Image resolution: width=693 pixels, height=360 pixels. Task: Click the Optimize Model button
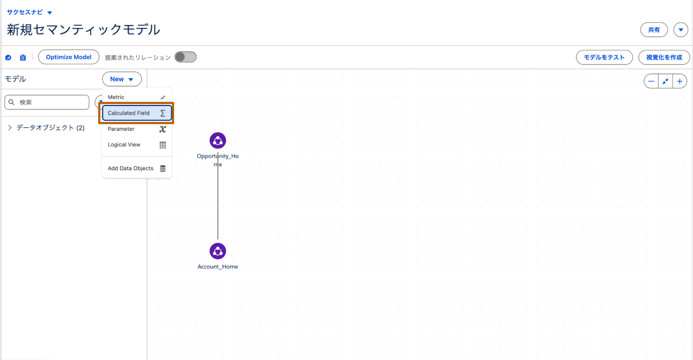point(69,57)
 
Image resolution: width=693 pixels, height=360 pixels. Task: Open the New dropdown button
point(122,79)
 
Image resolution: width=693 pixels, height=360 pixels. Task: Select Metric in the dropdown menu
point(116,97)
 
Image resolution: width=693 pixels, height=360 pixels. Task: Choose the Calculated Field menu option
point(129,113)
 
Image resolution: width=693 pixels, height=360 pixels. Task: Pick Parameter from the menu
point(121,129)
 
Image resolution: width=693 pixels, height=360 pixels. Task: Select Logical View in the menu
point(124,145)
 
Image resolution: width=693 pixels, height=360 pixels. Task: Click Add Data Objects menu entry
point(131,168)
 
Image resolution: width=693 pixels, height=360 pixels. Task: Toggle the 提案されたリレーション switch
point(185,57)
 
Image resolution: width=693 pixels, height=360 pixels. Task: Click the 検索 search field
point(51,102)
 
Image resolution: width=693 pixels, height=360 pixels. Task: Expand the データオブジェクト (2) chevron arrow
point(10,128)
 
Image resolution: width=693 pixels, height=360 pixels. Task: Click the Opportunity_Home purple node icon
point(218,140)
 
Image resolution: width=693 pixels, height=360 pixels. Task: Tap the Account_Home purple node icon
point(218,251)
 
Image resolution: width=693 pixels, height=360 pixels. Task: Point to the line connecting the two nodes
point(218,203)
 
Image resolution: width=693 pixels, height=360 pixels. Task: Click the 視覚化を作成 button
point(664,57)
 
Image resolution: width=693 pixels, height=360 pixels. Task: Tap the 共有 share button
point(654,30)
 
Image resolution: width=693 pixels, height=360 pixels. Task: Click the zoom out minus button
point(651,81)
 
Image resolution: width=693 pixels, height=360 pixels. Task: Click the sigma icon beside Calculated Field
point(163,113)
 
